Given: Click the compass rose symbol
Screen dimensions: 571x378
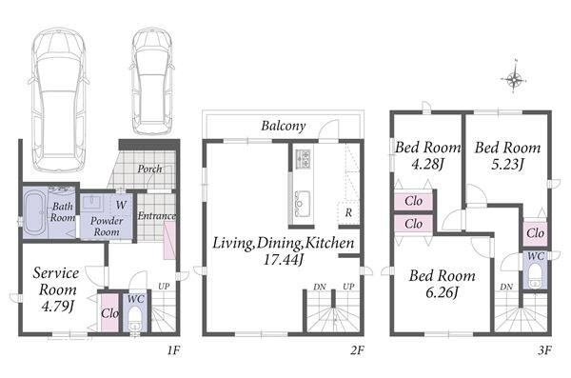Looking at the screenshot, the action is click(514, 78).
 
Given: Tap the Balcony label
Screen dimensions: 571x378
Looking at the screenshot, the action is click(284, 126).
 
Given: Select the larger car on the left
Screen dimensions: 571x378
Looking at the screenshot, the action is click(59, 99).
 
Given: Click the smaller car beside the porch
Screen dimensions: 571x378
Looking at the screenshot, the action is click(152, 81).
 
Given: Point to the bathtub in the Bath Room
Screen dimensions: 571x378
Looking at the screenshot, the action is click(35, 213).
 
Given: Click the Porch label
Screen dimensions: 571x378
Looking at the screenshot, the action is click(150, 169).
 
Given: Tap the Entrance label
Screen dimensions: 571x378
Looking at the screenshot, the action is click(157, 216).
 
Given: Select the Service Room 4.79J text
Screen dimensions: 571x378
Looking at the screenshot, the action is click(56, 289).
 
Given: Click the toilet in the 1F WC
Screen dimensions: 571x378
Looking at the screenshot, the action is click(135, 318).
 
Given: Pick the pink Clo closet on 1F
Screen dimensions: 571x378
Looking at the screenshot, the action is click(109, 312).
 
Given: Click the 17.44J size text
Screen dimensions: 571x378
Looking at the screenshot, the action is click(284, 260).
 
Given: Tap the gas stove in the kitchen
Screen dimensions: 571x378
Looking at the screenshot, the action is click(303, 159).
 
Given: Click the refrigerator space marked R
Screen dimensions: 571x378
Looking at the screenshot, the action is click(348, 212).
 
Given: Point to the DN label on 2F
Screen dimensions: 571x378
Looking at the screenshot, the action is click(320, 288).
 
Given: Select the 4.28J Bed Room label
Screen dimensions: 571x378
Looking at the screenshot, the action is click(428, 155).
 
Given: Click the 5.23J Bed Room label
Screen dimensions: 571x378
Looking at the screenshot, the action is click(507, 155).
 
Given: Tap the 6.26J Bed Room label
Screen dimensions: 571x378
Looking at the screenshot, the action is click(443, 284).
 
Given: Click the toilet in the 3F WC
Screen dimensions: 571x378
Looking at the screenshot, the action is click(535, 276).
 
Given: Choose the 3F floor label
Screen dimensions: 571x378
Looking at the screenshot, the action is click(544, 350).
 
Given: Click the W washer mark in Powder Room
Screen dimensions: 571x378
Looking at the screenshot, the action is click(121, 205).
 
